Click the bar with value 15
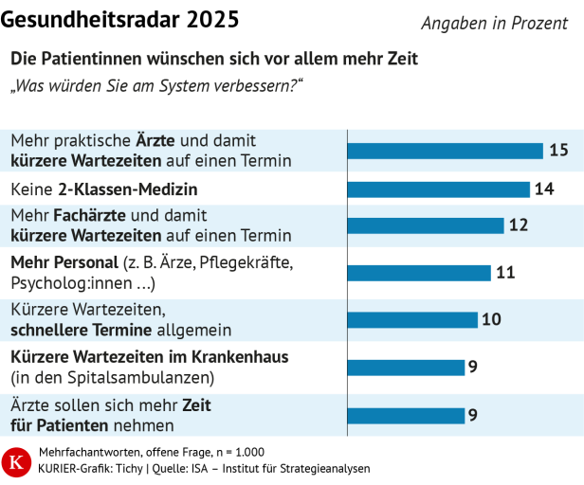[445, 151]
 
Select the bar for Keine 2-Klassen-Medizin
[438, 189]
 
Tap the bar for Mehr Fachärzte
[425, 225]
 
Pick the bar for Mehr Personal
[418, 273]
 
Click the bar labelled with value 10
[411, 319]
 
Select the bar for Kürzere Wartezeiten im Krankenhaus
[405, 367]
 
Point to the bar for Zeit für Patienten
[405, 415]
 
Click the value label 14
[544, 189]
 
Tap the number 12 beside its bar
[518, 225]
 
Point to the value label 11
[505, 273]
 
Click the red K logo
[16, 460]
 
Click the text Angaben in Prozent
[494, 23]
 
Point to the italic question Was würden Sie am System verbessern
[156, 86]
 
